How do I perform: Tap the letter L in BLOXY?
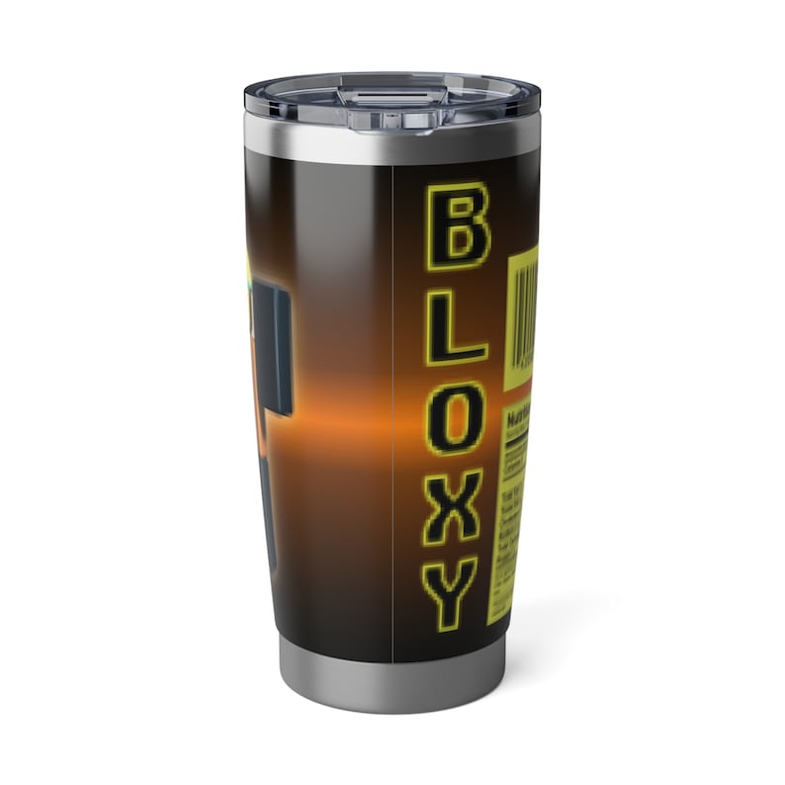click(x=454, y=327)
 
